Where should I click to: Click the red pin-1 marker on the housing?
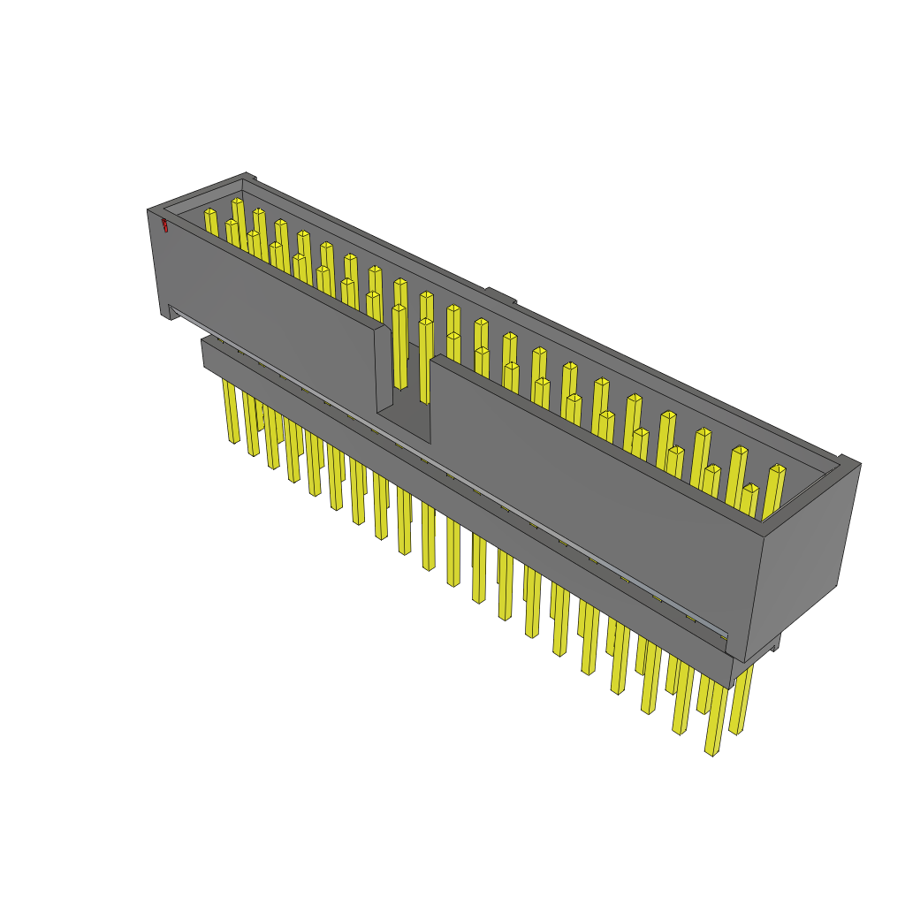(x=164, y=225)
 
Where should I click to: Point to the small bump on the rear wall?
(x=500, y=295)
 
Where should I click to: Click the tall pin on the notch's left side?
(x=399, y=345)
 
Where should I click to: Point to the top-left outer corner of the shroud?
(x=150, y=211)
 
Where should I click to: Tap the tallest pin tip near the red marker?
(x=237, y=202)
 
